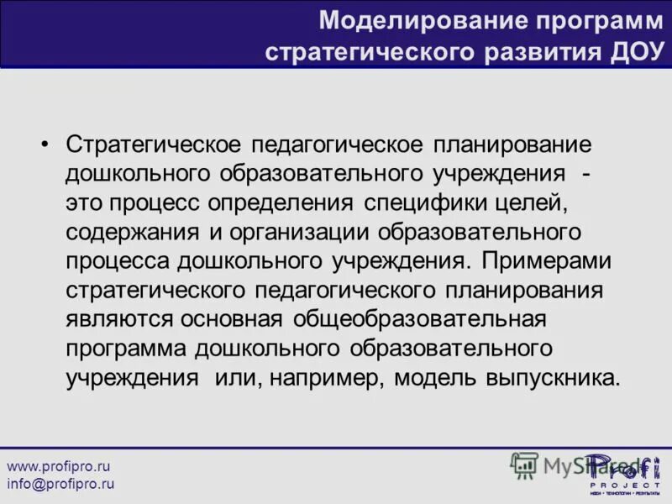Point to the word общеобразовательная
click(421, 320)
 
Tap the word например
click(320, 378)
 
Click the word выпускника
click(553, 378)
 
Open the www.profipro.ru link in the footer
click(59, 465)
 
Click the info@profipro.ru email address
click(60, 484)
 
